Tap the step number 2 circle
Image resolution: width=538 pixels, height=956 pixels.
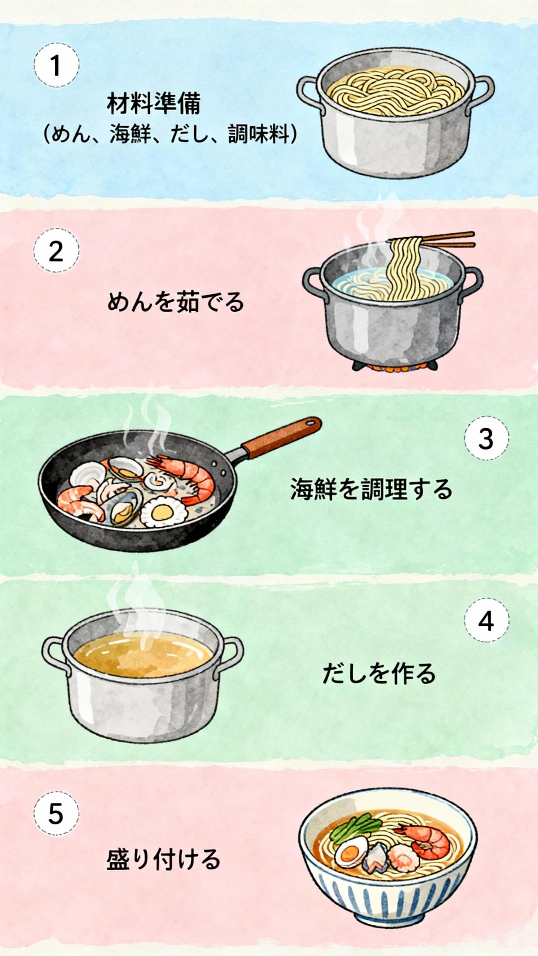click(x=56, y=251)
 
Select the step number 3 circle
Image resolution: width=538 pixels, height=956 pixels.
click(x=486, y=438)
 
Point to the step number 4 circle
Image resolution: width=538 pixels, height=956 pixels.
click(x=486, y=621)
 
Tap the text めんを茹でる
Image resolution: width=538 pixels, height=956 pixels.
click(x=176, y=302)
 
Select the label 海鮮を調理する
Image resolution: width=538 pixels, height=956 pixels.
click(x=371, y=490)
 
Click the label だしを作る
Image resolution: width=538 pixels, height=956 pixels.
click(x=379, y=673)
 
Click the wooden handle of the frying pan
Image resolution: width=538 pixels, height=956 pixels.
click(x=281, y=438)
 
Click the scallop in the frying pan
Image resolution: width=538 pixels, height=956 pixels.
click(x=163, y=512)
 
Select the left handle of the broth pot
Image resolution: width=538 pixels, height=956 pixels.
click(x=56, y=652)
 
